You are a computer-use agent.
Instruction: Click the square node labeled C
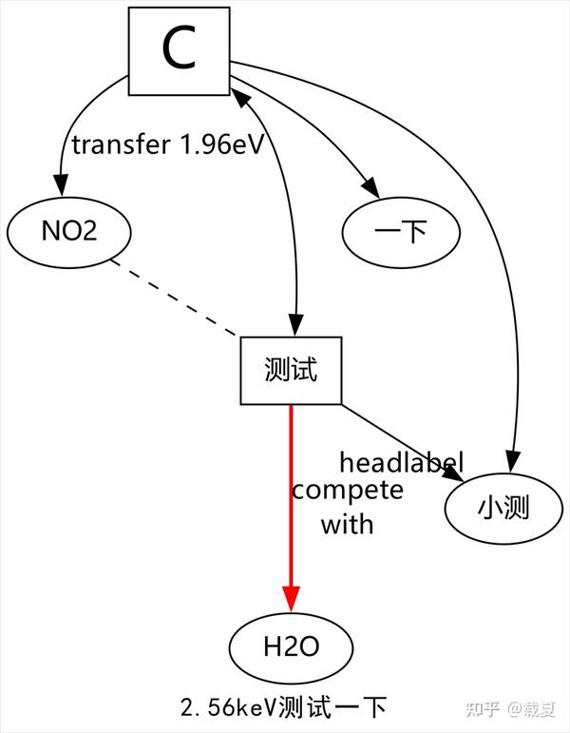click(179, 51)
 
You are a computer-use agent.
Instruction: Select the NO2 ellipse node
click(69, 231)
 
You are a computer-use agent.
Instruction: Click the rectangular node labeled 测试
click(291, 371)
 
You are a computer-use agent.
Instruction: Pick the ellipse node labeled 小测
click(503, 510)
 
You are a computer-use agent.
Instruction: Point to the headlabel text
click(401, 463)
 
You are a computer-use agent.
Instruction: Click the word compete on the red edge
click(347, 491)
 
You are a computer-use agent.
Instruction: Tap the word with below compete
click(347, 523)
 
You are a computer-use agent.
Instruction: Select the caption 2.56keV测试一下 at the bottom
click(283, 707)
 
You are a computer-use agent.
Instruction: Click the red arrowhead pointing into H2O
click(291, 599)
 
